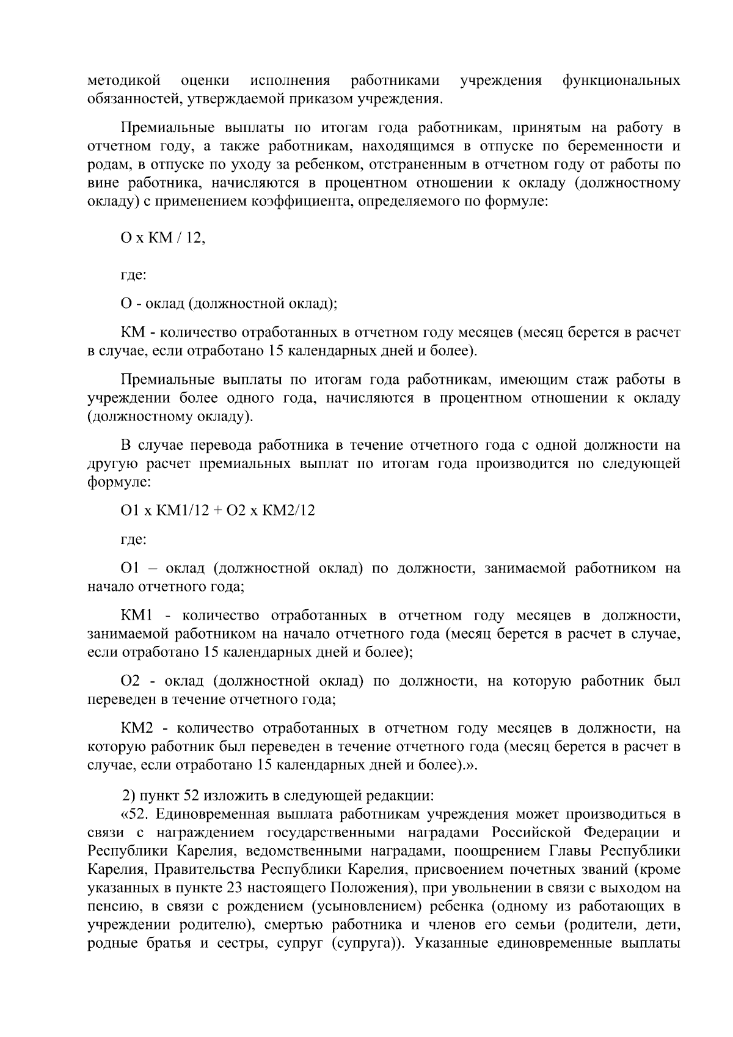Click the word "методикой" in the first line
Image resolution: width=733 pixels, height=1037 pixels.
tap(124, 81)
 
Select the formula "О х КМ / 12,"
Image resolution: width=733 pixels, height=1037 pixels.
tap(163, 238)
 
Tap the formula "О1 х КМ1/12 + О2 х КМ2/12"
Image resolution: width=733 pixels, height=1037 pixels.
tap(217, 510)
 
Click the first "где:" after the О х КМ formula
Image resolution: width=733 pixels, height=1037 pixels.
tap(133, 275)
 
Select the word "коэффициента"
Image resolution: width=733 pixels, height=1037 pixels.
tap(294, 201)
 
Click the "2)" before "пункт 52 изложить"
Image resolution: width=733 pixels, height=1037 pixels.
tap(128, 796)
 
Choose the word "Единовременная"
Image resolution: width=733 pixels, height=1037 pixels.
tap(214, 815)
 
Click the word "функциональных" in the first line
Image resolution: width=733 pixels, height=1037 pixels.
tap(621, 81)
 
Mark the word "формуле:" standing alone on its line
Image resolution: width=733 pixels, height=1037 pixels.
tap(119, 482)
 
